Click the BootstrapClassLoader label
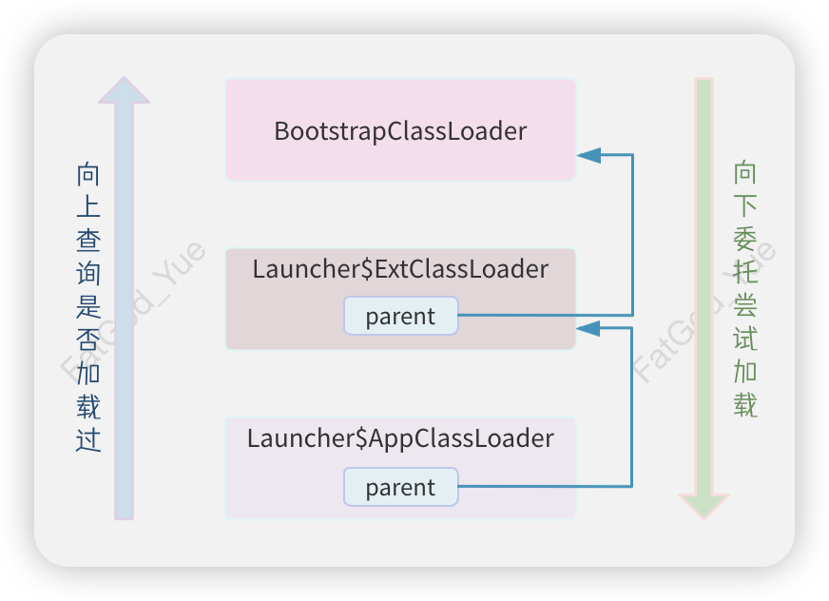(400, 130)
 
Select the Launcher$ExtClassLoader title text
(400, 269)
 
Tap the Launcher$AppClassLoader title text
(400, 438)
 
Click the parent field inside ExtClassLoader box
(400, 316)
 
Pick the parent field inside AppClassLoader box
(400, 487)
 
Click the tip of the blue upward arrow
(125, 81)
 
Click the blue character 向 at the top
(88, 174)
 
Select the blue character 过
(88, 440)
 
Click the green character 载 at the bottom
(745, 405)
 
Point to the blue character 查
(88, 242)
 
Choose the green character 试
(745, 339)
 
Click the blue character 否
(88, 340)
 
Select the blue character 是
(88, 307)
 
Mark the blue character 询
(88, 275)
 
